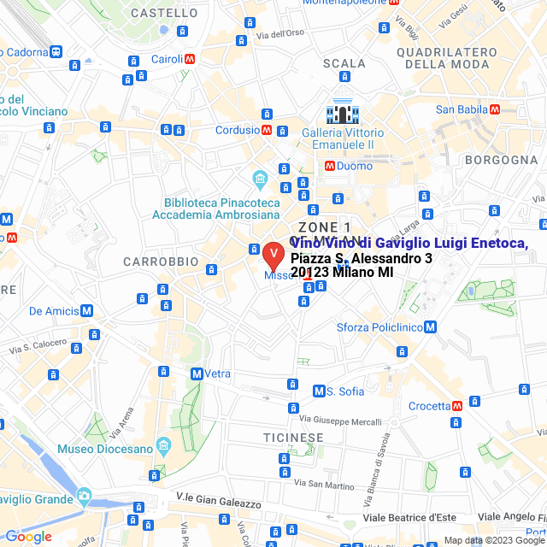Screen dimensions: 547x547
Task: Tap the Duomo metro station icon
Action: tap(328, 166)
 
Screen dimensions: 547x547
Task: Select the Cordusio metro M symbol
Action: tap(268, 131)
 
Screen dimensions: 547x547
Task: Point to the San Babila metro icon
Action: tap(494, 109)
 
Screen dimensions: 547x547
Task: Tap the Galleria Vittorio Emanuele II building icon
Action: tap(341, 113)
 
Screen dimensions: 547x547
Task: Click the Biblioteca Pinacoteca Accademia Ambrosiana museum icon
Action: tap(260, 179)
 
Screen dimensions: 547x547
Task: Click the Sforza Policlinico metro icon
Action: tap(430, 326)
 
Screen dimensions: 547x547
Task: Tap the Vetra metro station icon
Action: tap(197, 373)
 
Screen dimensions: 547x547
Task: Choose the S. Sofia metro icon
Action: tap(320, 391)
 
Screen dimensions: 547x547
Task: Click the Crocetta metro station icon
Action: tap(456, 405)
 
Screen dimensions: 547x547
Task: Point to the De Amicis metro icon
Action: tap(88, 311)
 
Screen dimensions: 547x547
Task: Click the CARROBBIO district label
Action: tap(161, 262)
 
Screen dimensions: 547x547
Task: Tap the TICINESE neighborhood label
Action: tap(293, 437)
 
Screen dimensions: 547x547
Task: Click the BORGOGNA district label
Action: tap(501, 160)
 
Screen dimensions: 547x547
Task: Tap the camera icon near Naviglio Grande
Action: tap(84, 496)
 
